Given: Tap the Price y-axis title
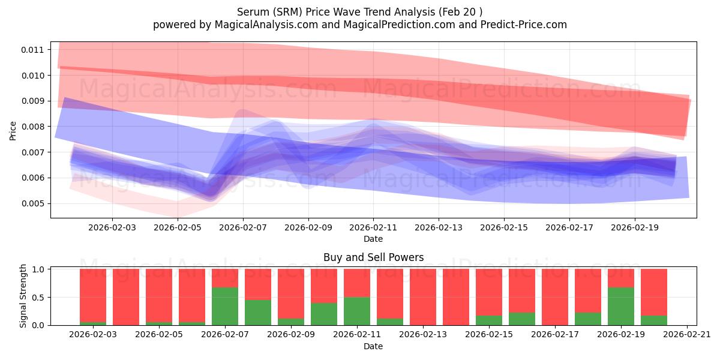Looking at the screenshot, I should [x=13, y=130].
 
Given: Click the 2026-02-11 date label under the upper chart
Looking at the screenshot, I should [x=373, y=228].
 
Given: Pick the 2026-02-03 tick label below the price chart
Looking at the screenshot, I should [x=112, y=228].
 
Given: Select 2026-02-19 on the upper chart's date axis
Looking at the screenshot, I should [x=635, y=228].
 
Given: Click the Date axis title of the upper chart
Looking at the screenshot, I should [x=373, y=239].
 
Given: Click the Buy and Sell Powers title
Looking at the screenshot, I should [x=373, y=257].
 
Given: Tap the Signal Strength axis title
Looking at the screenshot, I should [x=23, y=296].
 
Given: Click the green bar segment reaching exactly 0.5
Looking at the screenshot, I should [x=357, y=311].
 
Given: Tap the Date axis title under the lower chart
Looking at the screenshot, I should [x=373, y=346].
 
